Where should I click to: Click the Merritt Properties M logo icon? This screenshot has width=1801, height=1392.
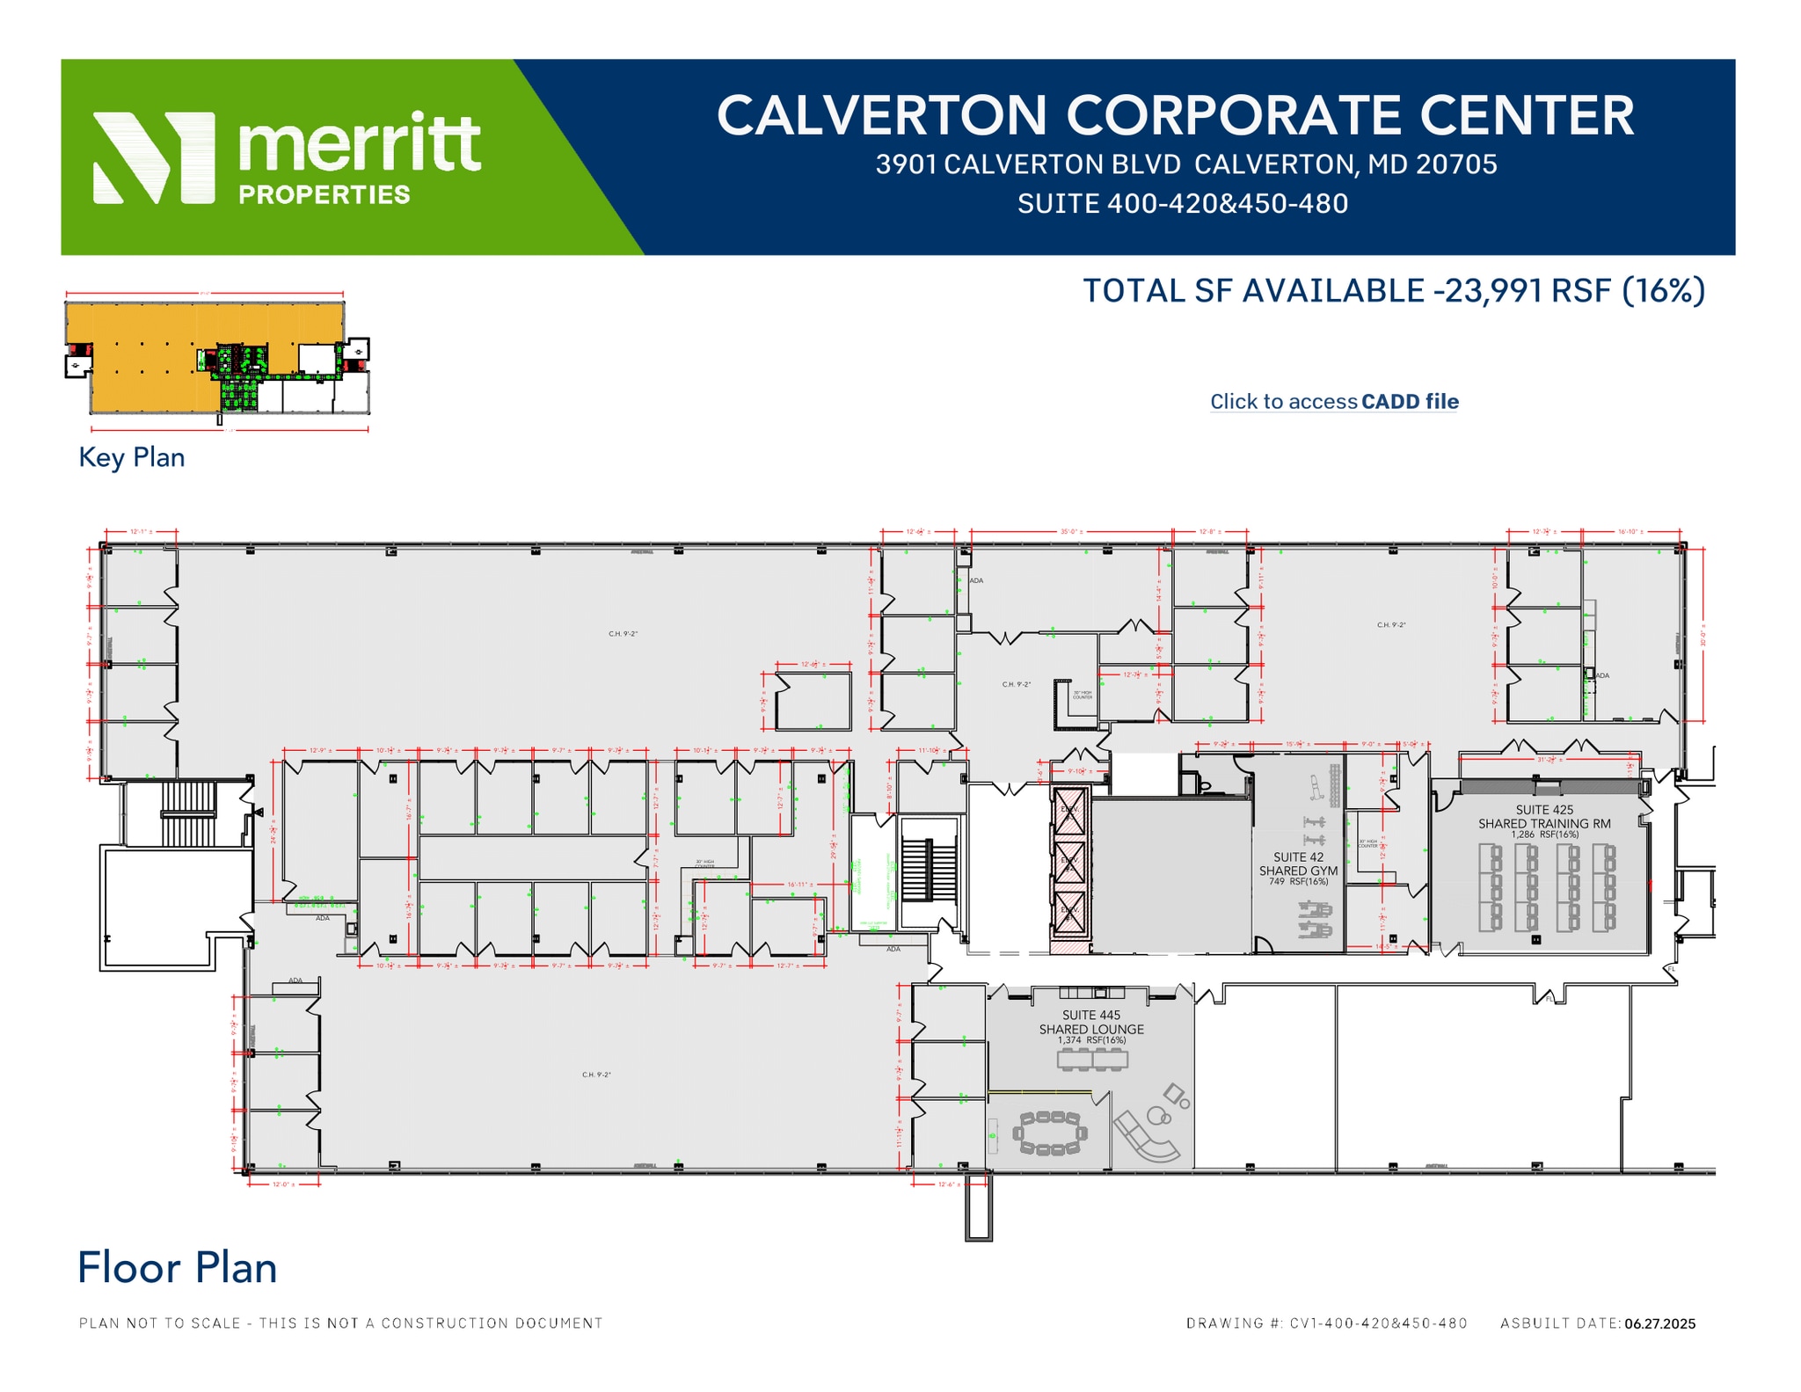(154, 157)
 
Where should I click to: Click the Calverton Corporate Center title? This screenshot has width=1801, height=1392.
(1175, 115)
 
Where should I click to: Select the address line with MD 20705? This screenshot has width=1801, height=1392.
(1185, 164)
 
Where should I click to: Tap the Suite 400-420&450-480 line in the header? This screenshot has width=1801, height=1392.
(1182, 204)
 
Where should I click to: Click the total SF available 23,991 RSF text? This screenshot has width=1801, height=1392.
(1393, 291)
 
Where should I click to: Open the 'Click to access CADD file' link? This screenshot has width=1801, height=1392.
(1333, 402)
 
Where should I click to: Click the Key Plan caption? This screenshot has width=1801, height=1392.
(132, 457)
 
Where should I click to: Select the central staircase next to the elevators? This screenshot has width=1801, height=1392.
(928, 870)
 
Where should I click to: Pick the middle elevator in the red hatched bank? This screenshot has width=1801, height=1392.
(1070, 860)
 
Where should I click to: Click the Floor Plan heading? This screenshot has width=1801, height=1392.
(177, 1267)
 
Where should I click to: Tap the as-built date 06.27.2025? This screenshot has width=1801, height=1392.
(1659, 1323)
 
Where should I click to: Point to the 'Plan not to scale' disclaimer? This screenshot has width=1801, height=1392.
(341, 1323)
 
